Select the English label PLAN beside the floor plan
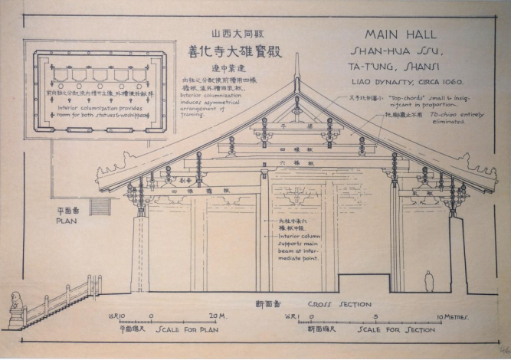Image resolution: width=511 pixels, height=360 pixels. (67, 218)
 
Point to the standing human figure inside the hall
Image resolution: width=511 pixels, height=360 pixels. (429, 281)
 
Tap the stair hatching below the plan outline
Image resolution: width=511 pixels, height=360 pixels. (100, 205)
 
